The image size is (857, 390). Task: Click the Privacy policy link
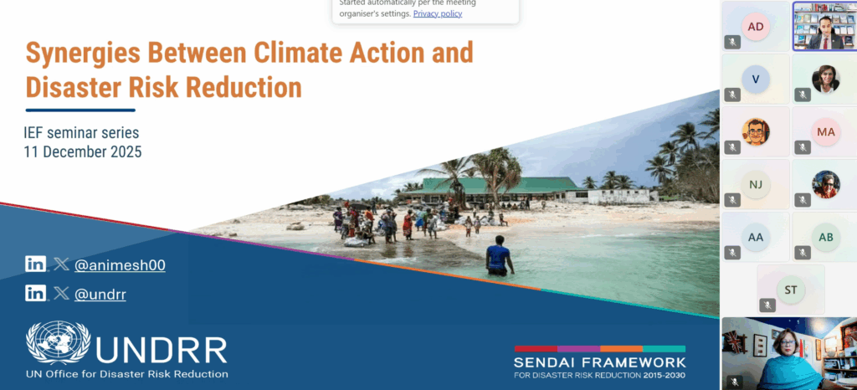[x=437, y=13]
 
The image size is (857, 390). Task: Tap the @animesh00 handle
[x=120, y=265]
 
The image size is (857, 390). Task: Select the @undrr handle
[x=100, y=295]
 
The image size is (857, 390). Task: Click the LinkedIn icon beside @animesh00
[x=35, y=264]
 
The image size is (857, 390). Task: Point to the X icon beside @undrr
[x=62, y=294]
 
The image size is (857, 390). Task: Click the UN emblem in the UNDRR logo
[x=59, y=342]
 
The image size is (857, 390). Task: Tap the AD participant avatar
[x=756, y=26]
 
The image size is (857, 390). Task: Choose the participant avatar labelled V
[x=756, y=79]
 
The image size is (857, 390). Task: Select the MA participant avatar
[x=826, y=131]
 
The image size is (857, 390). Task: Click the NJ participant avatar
[x=756, y=184]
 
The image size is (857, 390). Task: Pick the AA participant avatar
[x=756, y=237]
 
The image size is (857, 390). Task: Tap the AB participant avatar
[x=826, y=237]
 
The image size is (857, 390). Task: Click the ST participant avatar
[x=791, y=290]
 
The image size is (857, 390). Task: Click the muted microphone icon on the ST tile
[x=767, y=305]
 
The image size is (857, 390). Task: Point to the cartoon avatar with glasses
[x=756, y=131]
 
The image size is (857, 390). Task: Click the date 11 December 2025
[x=83, y=151]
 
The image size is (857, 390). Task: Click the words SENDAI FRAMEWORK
[x=599, y=362]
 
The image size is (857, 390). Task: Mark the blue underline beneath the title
[x=80, y=110]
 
